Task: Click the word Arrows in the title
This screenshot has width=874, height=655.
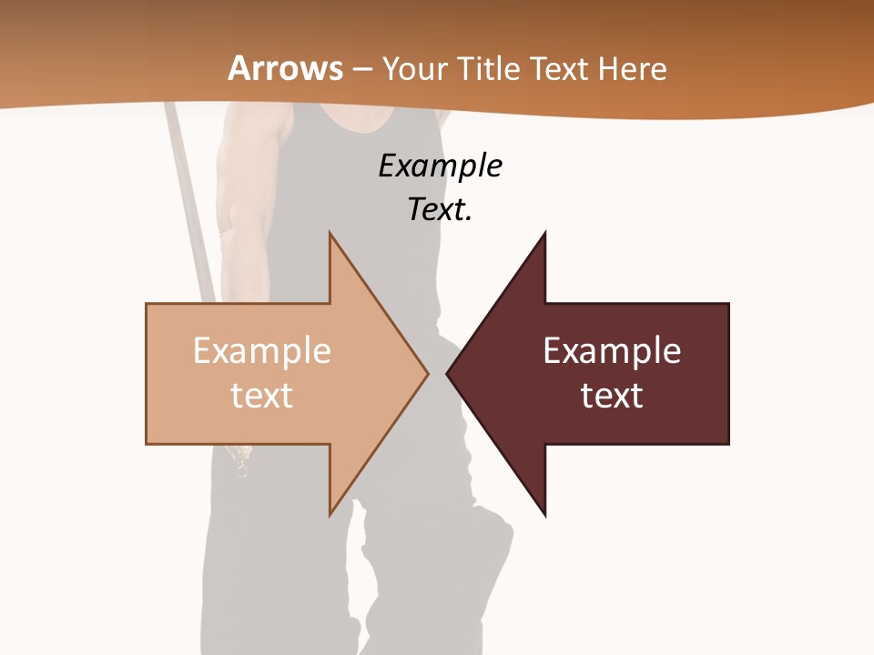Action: (x=285, y=68)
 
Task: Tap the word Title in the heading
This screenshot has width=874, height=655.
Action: (x=493, y=68)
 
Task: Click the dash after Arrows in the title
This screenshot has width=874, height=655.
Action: (x=362, y=69)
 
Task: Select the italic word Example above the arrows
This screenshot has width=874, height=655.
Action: (x=440, y=166)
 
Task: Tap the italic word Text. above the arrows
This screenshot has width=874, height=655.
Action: (x=440, y=209)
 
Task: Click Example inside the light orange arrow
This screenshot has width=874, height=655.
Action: (x=261, y=351)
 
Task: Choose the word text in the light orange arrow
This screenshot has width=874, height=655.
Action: (x=261, y=395)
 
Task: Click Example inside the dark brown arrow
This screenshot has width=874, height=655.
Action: (x=612, y=351)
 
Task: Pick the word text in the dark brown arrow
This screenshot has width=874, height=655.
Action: (x=612, y=395)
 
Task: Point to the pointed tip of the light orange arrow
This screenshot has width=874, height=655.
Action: (x=426, y=373)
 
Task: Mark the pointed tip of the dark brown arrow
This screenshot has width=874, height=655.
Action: (x=448, y=373)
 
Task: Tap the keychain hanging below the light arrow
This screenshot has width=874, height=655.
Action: (x=241, y=464)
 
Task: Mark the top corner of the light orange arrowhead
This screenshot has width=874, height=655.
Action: (x=330, y=234)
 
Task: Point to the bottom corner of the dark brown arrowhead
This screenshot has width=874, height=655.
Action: (x=545, y=515)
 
